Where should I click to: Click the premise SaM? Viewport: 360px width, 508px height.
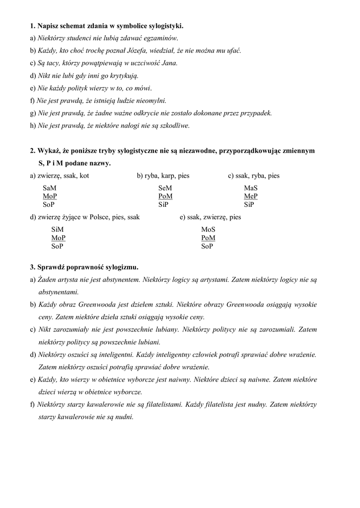[x=50, y=189]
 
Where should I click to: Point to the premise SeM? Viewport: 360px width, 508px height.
[x=165, y=189]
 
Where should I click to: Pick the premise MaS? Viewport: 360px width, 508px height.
[x=251, y=189]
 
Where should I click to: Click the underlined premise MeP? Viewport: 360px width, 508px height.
[x=251, y=196]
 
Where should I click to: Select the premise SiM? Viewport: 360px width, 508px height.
[x=58, y=230]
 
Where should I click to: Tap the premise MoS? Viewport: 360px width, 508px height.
[x=208, y=230]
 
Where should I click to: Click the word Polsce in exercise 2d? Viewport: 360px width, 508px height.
[x=98, y=218]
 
